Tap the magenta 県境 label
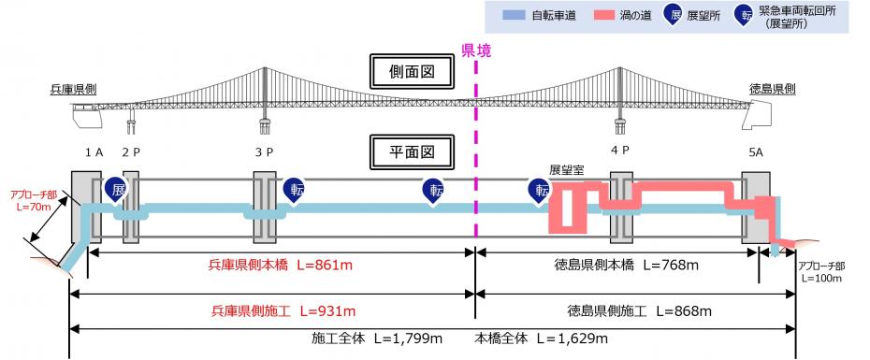[x=476, y=51]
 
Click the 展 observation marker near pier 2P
[x=116, y=190]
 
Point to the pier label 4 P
[x=620, y=150]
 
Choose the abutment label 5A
[x=756, y=152]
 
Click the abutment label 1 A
[x=94, y=152]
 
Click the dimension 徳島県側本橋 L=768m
[x=626, y=266]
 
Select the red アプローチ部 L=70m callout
[x=32, y=200]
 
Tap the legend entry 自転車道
[x=540, y=16]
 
